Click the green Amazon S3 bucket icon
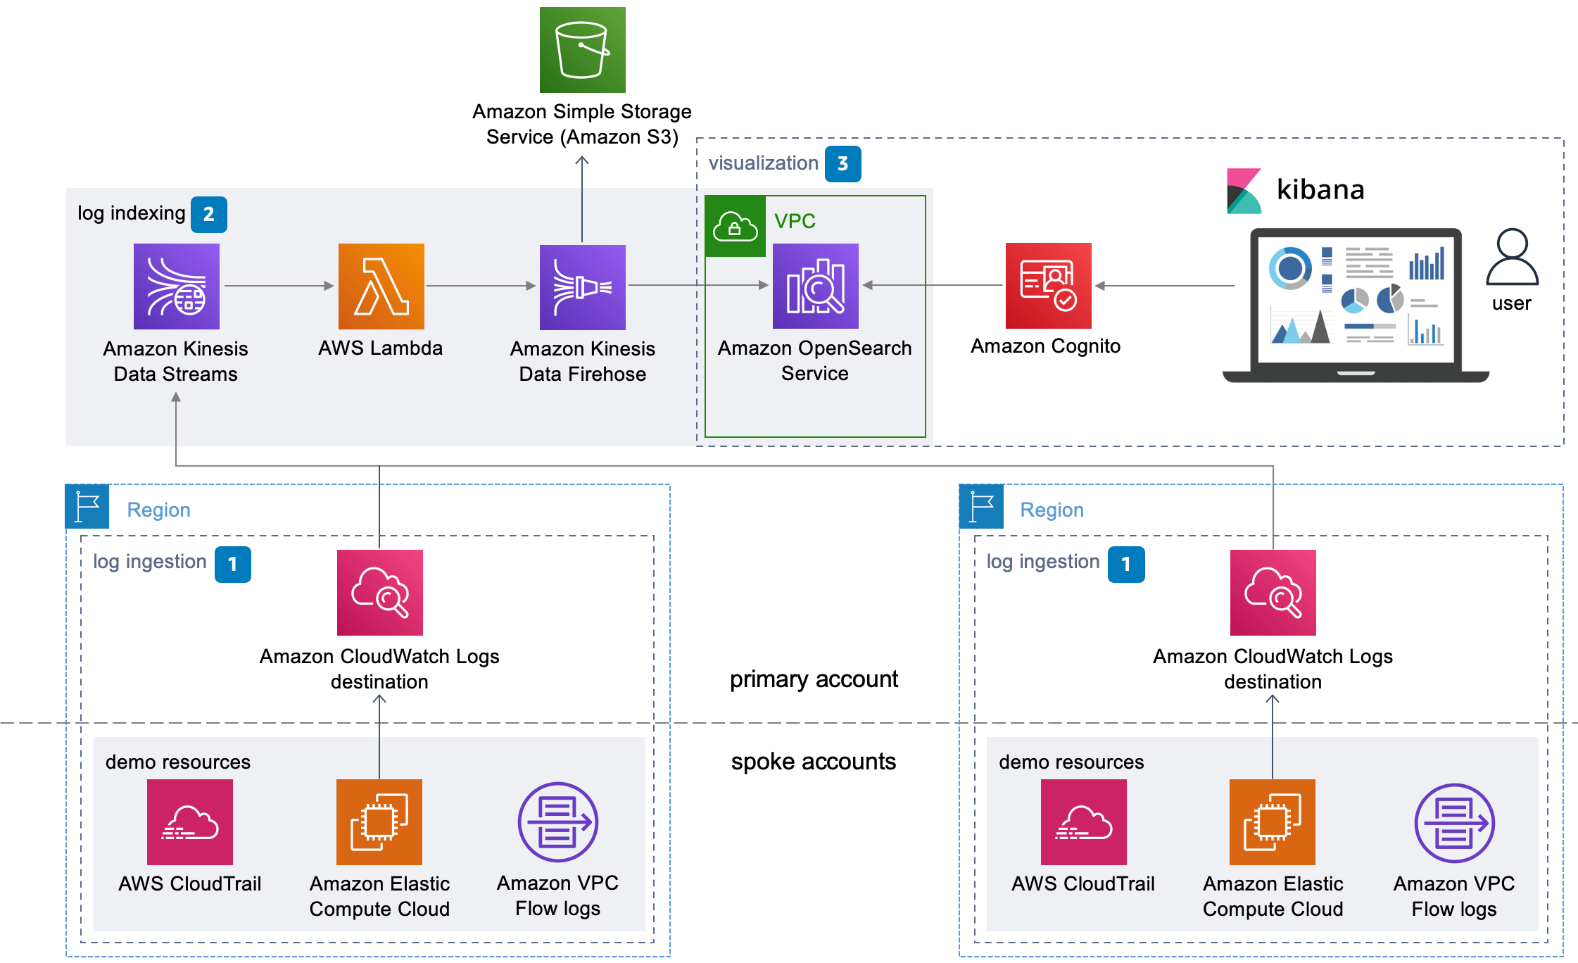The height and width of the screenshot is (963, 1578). [x=582, y=50]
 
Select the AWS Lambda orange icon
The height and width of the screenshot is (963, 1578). [x=381, y=286]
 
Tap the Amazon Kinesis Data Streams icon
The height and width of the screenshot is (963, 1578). [x=176, y=286]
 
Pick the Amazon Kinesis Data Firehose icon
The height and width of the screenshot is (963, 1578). [x=582, y=287]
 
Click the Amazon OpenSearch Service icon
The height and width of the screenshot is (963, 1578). [x=815, y=286]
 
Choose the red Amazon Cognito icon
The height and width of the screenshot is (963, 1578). [x=1048, y=285]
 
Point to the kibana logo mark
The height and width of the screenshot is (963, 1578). [x=1244, y=191]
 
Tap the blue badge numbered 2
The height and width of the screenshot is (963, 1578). [x=209, y=214]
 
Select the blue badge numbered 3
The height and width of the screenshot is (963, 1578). [x=842, y=164]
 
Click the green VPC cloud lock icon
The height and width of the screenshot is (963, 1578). [x=735, y=227]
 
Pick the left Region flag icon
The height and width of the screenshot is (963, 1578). [x=87, y=506]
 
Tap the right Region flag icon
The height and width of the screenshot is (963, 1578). [x=980, y=506]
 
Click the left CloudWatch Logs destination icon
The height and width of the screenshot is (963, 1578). [x=379, y=592]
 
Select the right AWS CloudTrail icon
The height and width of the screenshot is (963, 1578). [x=1083, y=822]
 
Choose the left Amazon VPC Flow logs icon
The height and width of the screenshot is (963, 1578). [x=557, y=822]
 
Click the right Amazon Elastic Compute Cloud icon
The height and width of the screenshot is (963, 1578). [x=1272, y=822]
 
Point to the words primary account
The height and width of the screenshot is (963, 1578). [x=814, y=679]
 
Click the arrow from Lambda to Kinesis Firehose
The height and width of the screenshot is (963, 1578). [x=481, y=286]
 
